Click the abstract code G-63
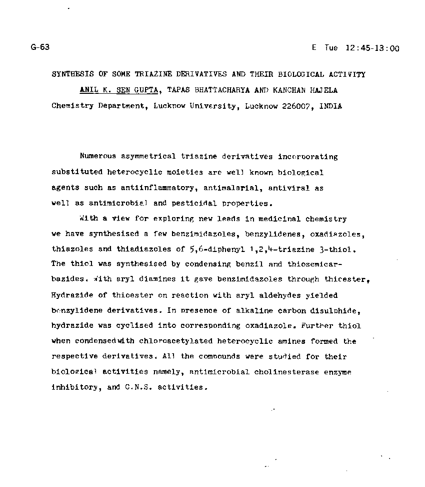coord(40,47)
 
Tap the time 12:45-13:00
coord(372,48)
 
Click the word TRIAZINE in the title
coord(149,74)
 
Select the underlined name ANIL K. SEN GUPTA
coord(119,90)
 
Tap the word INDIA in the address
coord(330,106)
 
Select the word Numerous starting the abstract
coord(97,157)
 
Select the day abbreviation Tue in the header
coord(331,48)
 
